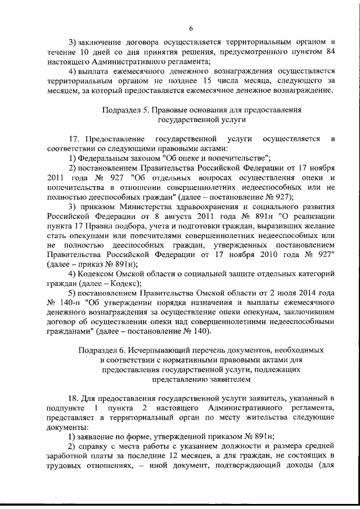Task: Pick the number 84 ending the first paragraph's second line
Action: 330,52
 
